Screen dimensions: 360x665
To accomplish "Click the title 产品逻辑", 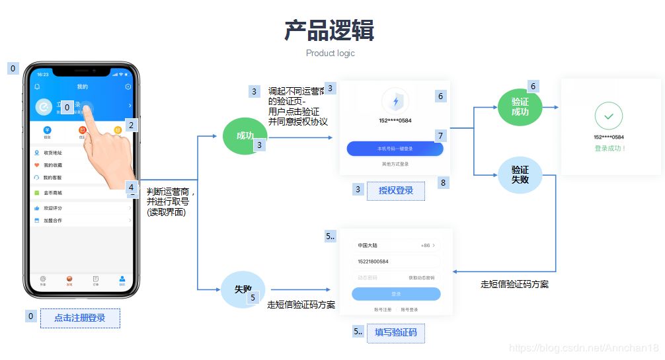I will [329, 30].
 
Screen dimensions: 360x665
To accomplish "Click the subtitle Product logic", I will [330, 54].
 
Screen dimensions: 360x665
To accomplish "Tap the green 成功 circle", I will [244, 136].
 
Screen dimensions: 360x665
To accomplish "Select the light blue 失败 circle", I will [242, 289].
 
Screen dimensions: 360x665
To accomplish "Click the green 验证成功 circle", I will [520, 107].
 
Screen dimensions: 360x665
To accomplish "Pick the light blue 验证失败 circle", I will [520, 175].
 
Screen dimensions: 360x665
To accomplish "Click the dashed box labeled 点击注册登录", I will [80, 318].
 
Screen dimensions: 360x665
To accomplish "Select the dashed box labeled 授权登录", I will [396, 190].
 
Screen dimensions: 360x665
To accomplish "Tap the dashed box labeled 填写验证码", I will [396, 332].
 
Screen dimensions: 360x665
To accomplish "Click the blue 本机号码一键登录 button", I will [395, 149].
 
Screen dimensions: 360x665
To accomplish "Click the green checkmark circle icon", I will [608, 116].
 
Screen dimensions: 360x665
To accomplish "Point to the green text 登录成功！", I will [609, 148].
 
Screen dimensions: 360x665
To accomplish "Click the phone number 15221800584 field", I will [395, 262].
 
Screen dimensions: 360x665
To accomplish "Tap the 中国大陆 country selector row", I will [395, 245].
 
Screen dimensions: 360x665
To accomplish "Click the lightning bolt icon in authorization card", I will [395, 101].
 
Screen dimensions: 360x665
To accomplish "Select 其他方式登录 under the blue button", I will [395, 164].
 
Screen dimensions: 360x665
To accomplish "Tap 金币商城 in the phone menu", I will [53, 193].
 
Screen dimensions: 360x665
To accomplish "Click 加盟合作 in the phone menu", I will [53, 220].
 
